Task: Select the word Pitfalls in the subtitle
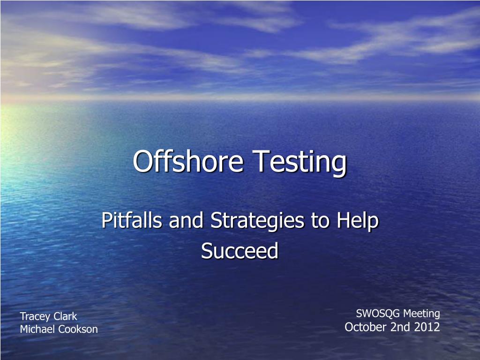coord(132,220)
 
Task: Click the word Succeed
coord(240,251)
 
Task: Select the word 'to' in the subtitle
coord(320,221)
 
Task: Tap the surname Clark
coord(66,316)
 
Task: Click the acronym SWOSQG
coord(378,314)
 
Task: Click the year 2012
coord(427,327)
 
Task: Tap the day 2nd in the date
coord(400,327)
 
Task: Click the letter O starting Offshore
coord(142,162)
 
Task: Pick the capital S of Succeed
coord(206,251)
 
